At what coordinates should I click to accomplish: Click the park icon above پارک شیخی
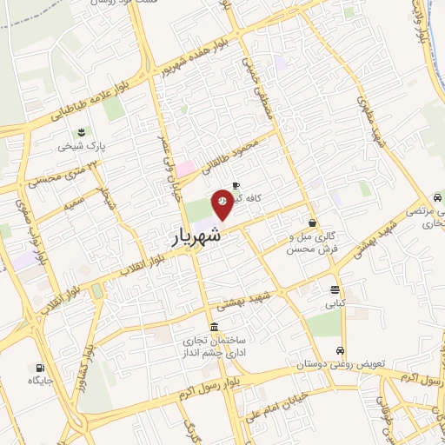(81, 132)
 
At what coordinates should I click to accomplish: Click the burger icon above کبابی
(335, 290)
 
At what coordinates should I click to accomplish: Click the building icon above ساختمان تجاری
(214, 325)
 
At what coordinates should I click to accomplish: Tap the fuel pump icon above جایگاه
(39, 367)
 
